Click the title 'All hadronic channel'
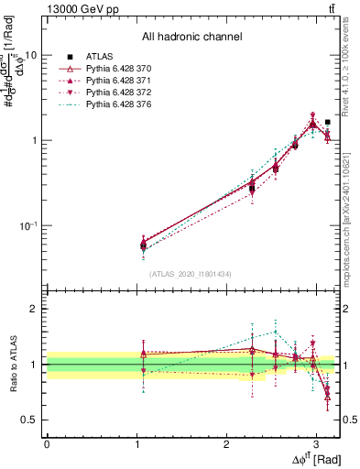coord(191,38)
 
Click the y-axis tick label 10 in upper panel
coord(30,55)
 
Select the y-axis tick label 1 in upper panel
coord(34,140)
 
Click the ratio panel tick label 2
coord(34,309)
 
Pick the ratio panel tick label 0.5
coord(29,420)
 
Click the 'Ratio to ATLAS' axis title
coord(12,364)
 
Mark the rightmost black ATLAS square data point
coord(328,122)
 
